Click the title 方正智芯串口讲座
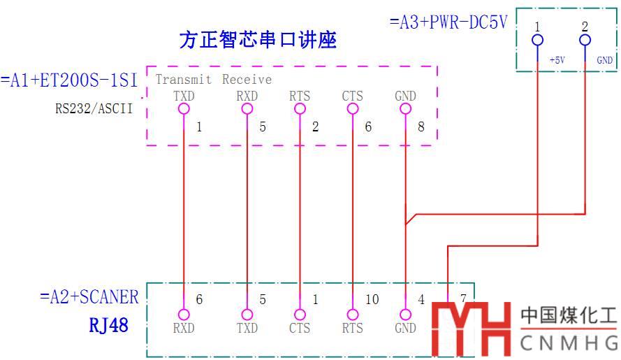[258, 41]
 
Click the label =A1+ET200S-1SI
[70, 80]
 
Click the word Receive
[247, 80]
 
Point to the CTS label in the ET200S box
[352, 96]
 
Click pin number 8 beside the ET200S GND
[421, 127]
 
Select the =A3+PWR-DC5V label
[448, 22]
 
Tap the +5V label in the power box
[557, 61]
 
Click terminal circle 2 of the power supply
[585, 40]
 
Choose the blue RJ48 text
[108, 325]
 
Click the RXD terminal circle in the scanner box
[184, 315]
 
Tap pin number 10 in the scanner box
[372, 299]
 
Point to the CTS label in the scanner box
[300, 328]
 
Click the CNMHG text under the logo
[569, 343]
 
